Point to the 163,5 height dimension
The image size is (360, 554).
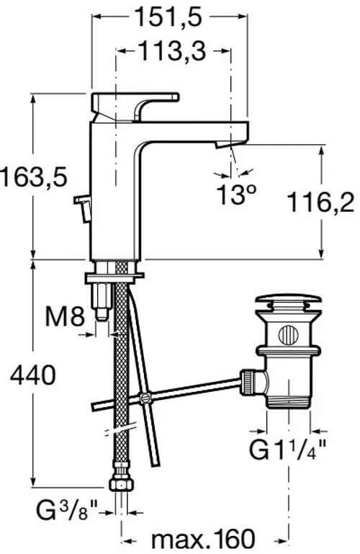pyautogui.click(x=35, y=177)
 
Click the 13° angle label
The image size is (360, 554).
pyautogui.click(x=236, y=195)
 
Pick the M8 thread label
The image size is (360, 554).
pyautogui.click(x=65, y=316)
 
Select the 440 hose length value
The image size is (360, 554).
pyautogui.click(x=32, y=375)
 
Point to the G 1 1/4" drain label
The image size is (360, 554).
pyautogui.click(x=288, y=450)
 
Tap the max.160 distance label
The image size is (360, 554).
pyautogui.click(x=203, y=540)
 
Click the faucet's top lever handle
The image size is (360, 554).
pyautogui.click(x=135, y=107)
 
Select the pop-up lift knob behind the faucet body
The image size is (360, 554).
pyautogui.click(x=83, y=208)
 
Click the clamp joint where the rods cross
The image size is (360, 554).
pyautogui.click(x=144, y=398)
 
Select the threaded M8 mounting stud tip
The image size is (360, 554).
pyautogui.click(x=102, y=314)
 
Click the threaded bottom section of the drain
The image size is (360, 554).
pyautogui.click(x=288, y=402)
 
